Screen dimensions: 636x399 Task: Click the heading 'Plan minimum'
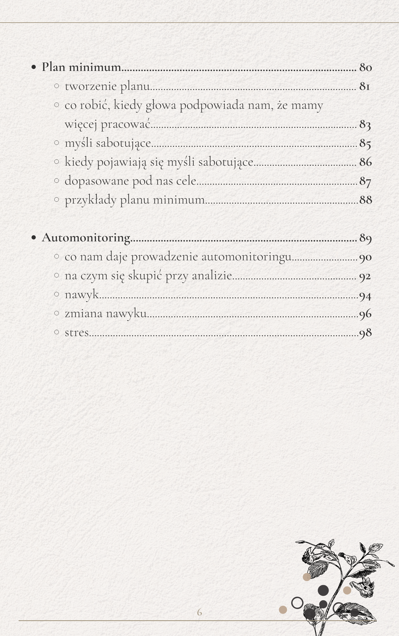pyautogui.click(x=81, y=67)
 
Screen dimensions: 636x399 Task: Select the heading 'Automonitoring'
pyautogui.click(x=86, y=238)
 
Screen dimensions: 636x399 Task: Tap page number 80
pyautogui.click(x=366, y=67)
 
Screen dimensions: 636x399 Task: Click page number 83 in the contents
pyautogui.click(x=365, y=124)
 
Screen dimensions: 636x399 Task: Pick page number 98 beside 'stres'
pyautogui.click(x=365, y=333)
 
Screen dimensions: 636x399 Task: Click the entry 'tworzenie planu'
pyautogui.click(x=107, y=86)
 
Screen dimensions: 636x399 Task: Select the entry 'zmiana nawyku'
pyautogui.click(x=106, y=313)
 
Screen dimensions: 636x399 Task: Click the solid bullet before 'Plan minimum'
pyautogui.click(x=34, y=68)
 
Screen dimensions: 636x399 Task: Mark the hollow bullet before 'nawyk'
pyautogui.click(x=57, y=294)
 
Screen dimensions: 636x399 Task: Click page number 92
pyautogui.click(x=365, y=276)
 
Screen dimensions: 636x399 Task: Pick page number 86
pyautogui.click(x=366, y=162)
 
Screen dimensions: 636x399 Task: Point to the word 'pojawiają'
pyautogui.click(x=122, y=162)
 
